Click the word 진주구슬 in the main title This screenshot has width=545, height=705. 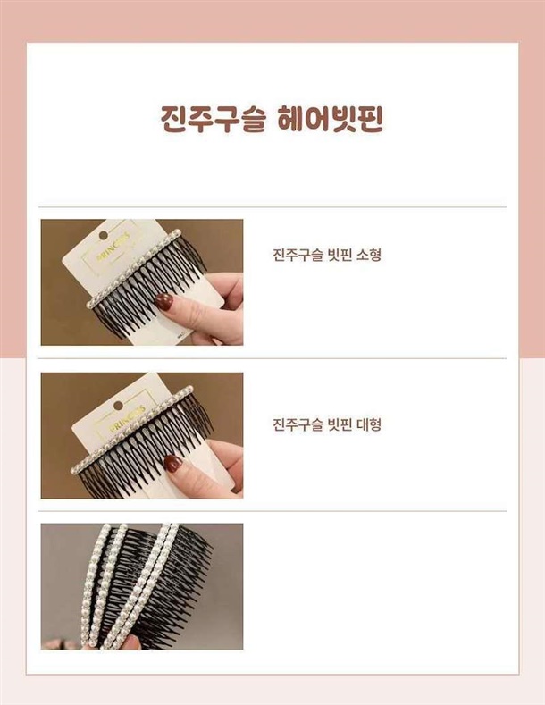[213, 120]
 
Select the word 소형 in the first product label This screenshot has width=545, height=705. [368, 255]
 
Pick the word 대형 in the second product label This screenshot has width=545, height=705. [368, 424]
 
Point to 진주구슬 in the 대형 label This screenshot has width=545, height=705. [298, 424]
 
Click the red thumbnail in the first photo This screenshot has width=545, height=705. [163, 301]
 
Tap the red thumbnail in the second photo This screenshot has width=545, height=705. [173, 464]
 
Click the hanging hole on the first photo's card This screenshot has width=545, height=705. [104, 235]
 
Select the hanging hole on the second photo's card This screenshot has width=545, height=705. [118, 406]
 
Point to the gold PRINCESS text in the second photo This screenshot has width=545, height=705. [127, 418]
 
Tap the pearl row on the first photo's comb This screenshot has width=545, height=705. [133, 268]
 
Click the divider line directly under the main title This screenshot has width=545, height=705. [272, 207]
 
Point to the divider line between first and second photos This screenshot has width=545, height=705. [272, 359]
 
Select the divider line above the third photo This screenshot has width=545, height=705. [272, 511]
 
